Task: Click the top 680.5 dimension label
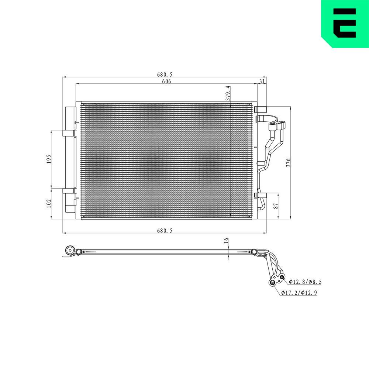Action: click(x=165, y=75)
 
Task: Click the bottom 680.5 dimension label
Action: click(x=165, y=231)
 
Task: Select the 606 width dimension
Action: click(x=166, y=82)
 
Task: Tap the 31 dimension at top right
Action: click(x=262, y=82)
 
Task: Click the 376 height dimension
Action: click(x=289, y=163)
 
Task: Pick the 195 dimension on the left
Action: click(x=49, y=159)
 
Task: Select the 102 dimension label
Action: click(x=49, y=203)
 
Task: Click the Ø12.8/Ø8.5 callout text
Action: click(x=305, y=282)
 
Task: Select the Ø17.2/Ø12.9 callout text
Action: click(x=299, y=293)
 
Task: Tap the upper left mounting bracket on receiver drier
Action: click(x=68, y=133)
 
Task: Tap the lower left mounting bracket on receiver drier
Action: click(x=68, y=191)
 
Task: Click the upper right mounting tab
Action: click(x=260, y=109)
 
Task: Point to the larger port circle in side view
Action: click(x=273, y=283)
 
